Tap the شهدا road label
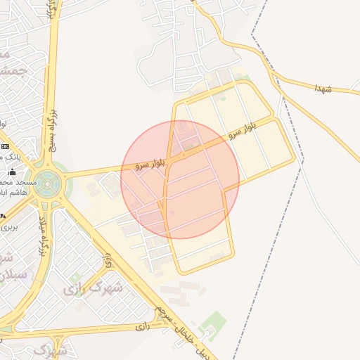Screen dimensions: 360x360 coord(323,88)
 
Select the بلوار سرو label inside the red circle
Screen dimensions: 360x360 coord(152,164)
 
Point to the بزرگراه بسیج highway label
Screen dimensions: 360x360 coord(51,130)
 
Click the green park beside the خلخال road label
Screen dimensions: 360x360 coord(211,326)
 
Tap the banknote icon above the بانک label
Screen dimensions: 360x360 coord(6,146)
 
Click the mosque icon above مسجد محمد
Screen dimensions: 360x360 coord(12,172)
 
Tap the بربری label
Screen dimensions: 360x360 coord(8,226)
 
